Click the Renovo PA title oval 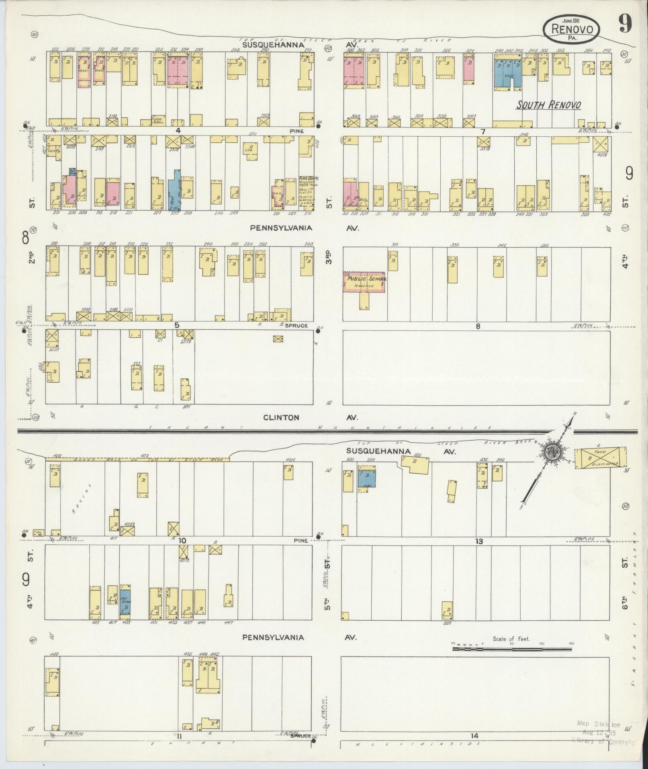coord(570,29)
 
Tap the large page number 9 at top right coord(625,24)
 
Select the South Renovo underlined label coord(548,105)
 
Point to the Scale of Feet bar coord(513,648)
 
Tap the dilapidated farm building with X coord(601,458)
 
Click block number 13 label coord(478,541)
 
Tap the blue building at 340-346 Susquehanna coord(507,73)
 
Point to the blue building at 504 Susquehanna coord(366,479)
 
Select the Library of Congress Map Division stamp coord(598,731)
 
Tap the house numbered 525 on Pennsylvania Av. coord(447,611)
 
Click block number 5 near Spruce coord(176,325)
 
